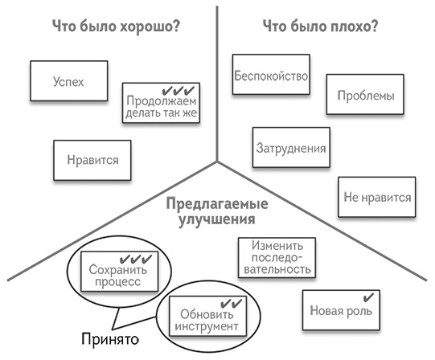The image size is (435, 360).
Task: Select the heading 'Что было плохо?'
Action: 321,27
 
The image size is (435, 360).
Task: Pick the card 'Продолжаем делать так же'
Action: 161,104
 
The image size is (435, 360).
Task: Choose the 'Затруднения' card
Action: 291,149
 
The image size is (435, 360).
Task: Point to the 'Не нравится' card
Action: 377,197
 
